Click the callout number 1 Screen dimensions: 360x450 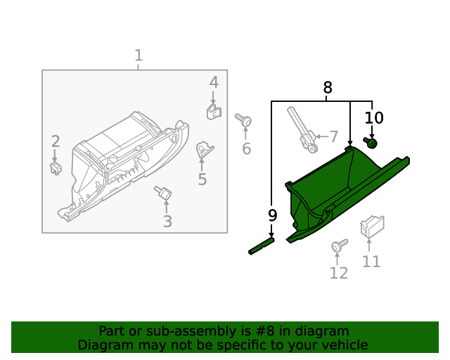pos(139,56)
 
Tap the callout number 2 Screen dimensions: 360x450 pos(56,142)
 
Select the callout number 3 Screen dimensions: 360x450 pos(167,222)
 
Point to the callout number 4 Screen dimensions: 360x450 pos(214,84)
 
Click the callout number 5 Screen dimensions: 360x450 pos(202,179)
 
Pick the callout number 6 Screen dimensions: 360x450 pos(246,148)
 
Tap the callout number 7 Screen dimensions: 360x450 pos(333,136)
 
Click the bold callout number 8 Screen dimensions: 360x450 pos(328,88)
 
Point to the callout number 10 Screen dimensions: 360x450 pos(373,118)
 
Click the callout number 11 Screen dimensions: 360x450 pos(371,262)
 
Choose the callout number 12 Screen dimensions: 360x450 pos(339,273)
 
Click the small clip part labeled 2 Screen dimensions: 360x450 pos(56,167)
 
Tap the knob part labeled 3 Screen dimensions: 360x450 pos(165,192)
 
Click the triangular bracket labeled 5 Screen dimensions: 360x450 pos(204,149)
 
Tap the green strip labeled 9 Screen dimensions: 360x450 pos(262,246)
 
